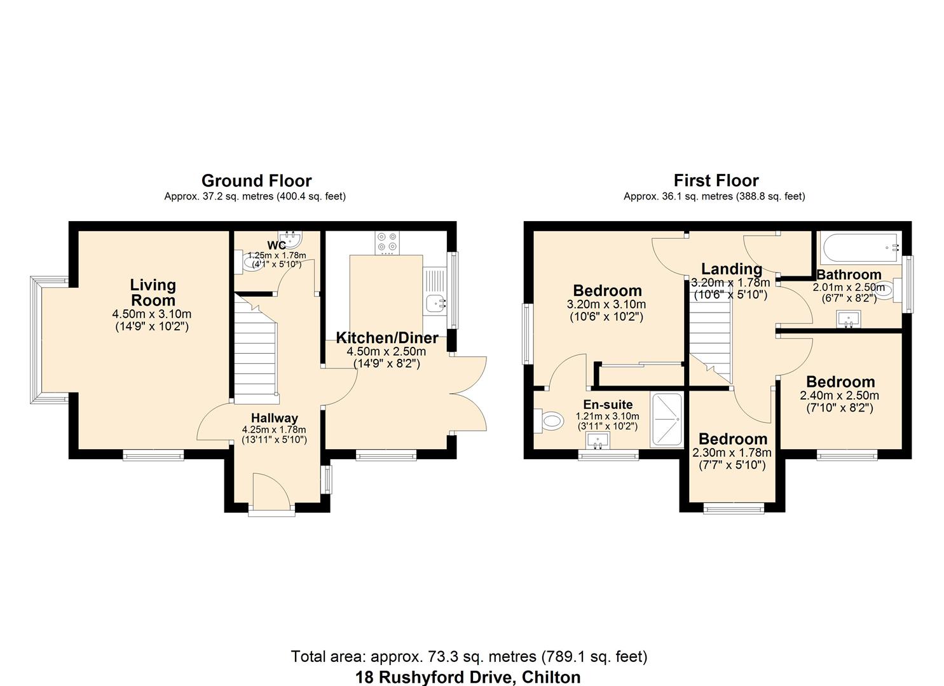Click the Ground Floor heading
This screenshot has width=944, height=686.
[256, 181]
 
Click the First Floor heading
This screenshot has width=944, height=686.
[716, 181]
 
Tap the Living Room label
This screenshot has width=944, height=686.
[153, 293]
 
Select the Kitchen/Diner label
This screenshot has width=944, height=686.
[386, 338]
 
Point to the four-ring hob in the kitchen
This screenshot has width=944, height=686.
[386, 241]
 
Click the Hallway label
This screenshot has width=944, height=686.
[274, 418]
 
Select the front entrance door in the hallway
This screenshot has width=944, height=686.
[271, 490]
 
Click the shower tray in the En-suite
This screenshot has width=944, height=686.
[666, 420]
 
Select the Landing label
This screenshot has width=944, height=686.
[731, 269]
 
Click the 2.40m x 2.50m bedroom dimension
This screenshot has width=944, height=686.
[839, 396]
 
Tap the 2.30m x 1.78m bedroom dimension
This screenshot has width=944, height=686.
[732, 453]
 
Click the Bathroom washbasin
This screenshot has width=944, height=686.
[849, 318]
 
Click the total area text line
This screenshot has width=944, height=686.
[469, 656]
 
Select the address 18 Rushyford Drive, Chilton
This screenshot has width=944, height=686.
[467, 677]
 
